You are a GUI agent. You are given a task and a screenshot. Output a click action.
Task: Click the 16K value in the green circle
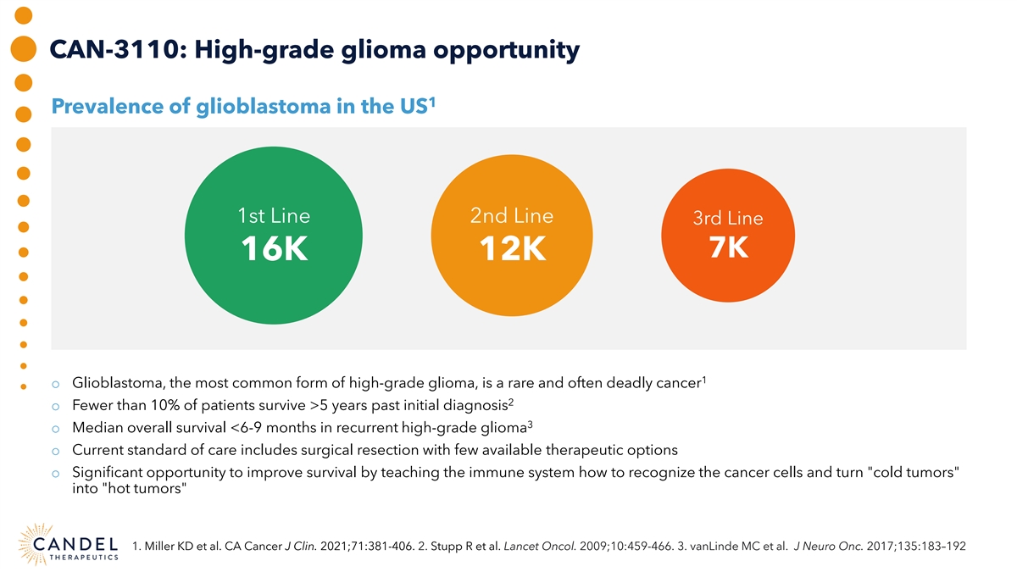(x=274, y=249)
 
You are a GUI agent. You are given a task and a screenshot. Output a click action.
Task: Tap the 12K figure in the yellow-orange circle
(x=511, y=249)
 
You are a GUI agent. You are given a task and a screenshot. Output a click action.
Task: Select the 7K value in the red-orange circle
(x=728, y=248)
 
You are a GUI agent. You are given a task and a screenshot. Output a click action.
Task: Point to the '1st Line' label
(x=274, y=216)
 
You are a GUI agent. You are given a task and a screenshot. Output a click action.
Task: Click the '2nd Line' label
(x=511, y=216)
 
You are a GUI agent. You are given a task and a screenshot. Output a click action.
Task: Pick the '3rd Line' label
(x=728, y=218)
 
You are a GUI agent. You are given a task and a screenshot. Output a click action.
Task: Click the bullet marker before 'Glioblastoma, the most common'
(x=56, y=383)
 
